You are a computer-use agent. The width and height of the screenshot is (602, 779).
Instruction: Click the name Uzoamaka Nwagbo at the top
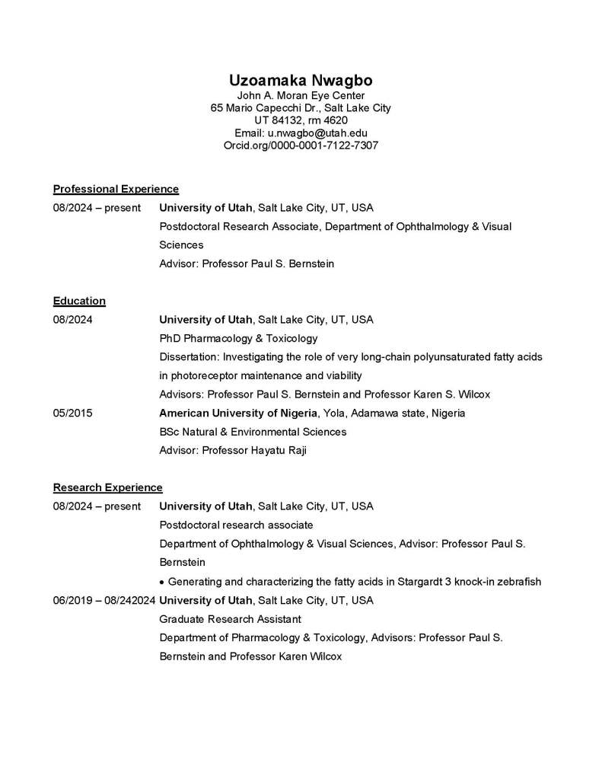(301, 81)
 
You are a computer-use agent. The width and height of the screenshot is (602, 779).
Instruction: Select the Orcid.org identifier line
(301, 145)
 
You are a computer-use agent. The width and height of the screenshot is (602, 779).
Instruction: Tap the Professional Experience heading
(116, 189)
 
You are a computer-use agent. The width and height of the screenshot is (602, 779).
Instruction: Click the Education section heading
(79, 301)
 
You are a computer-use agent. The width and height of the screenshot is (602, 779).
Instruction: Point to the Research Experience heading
(107, 487)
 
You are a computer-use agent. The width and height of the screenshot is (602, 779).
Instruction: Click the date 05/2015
(73, 413)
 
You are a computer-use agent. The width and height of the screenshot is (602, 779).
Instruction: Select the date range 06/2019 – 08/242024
(104, 600)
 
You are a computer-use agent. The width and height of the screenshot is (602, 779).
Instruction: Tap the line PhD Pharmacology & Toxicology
(238, 338)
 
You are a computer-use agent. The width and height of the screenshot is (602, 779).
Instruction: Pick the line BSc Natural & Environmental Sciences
(253, 432)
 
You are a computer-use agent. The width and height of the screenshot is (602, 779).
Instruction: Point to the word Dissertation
(188, 357)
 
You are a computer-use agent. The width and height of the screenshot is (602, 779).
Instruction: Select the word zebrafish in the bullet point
(518, 582)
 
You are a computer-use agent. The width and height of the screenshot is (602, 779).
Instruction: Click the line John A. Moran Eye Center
(301, 96)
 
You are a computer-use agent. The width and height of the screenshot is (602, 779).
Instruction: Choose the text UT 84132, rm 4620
(301, 120)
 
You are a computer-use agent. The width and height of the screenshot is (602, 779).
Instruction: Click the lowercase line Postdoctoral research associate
(236, 525)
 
